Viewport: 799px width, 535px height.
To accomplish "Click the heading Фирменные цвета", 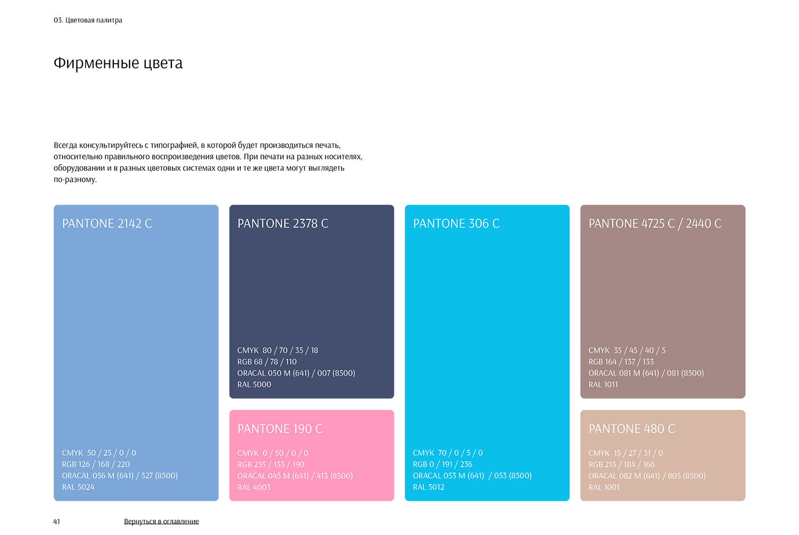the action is (118, 63).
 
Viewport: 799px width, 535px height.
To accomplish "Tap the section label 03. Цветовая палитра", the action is (88, 20).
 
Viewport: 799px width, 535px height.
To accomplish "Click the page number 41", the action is (56, 522).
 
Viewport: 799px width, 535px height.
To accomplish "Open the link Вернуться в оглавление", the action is (161, 522).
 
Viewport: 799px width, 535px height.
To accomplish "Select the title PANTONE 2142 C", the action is (107, 223).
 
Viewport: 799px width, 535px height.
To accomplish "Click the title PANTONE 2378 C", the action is (283, 223).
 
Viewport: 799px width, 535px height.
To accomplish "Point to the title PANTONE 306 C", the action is (456, 223).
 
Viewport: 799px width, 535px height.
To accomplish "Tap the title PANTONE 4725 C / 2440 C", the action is (655, 223).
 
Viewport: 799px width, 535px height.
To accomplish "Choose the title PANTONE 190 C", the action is (280, 428).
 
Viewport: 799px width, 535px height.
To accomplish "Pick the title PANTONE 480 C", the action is (632, 428).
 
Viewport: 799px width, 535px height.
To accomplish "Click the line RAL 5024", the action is (78, 487).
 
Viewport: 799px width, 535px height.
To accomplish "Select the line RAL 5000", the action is (254, 384).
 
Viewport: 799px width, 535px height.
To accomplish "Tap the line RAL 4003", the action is (254, 487).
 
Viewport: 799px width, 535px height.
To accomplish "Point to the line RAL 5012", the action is (429, 487).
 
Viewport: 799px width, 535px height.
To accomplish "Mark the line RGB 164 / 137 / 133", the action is (621, 362).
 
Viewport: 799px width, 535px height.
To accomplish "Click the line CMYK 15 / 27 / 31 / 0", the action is (626, 453).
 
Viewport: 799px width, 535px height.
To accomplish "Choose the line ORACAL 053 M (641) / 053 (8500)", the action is (472, 476).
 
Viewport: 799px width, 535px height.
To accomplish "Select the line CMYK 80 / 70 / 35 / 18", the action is (278, 350).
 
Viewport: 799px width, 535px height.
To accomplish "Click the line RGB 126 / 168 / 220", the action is (96, 464).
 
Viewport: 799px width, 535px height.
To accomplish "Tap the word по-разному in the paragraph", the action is (75, 179).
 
